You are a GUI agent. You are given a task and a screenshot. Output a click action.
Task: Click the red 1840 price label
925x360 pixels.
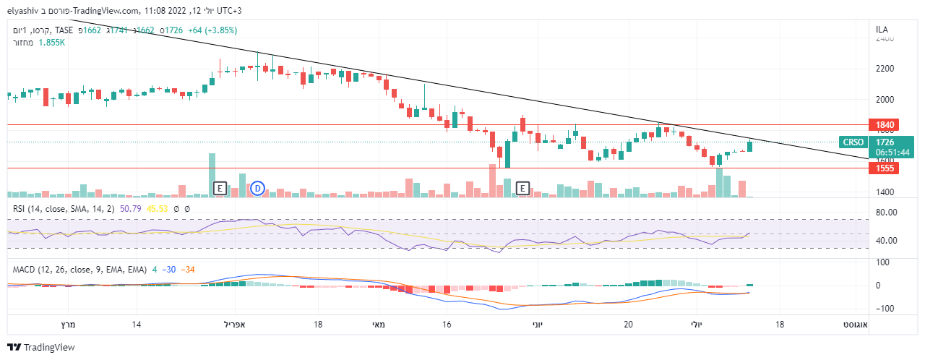click(x=887, y=125)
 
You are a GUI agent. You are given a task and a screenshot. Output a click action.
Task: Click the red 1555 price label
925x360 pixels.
click(x=887, y=168)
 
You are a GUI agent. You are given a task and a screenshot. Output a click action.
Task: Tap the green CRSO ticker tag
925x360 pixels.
click(x=852, y=142)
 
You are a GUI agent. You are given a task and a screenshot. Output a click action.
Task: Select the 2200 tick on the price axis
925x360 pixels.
click(x=885, y=69)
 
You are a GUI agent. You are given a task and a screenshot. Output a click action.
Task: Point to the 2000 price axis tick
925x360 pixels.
click(x=885, y=100)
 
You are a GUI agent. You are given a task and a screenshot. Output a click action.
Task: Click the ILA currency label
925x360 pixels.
click(x=882, y=30)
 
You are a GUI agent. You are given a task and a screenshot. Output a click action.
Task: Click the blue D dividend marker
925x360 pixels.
click(x=257, y=189)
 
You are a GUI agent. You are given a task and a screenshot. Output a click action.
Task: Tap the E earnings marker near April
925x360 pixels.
click(x=220, y=189)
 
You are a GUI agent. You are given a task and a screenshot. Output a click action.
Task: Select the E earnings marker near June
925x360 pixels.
click(x=523, y=189)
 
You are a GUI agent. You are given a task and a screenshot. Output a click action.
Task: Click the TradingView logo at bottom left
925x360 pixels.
click(x=41, y=348)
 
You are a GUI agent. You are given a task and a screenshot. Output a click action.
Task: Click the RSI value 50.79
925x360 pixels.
click(x=130, y=209)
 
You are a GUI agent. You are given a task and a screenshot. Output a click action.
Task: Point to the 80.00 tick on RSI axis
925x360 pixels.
click(x=886, y=213)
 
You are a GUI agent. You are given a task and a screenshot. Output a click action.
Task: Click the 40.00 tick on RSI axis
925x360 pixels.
click(x=886, y=241)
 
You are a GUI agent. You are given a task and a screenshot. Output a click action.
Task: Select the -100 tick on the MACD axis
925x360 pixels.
click(x=885, y=309)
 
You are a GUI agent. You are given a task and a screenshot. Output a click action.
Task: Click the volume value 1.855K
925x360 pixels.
click(x=52, y=43)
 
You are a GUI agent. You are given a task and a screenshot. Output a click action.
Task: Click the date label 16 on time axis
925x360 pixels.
click(x=447, y=325)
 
